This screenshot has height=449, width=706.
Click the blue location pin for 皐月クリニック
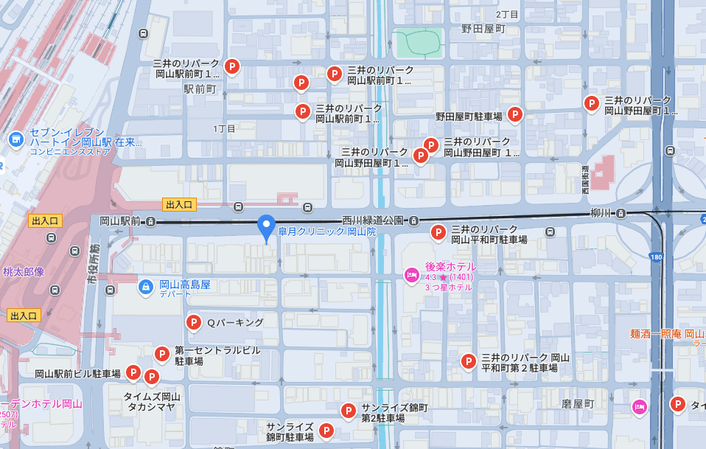(265, 226)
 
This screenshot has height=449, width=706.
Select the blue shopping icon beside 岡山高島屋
(146, 285)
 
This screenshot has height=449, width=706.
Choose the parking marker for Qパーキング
(193, 322)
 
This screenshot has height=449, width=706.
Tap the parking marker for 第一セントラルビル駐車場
(162, 355)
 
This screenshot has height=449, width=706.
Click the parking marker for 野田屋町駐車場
(515, 115)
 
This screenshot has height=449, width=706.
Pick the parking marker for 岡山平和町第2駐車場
(468, 361)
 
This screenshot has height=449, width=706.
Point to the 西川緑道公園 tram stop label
(374, 220)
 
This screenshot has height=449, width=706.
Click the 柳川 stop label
(601, 213)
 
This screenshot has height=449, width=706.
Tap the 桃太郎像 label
(23, 272)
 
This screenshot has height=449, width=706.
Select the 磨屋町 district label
(578, 405)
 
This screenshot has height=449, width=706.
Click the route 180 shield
(656, 257)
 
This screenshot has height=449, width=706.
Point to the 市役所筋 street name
(94, 266)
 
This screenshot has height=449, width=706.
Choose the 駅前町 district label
(200, 89)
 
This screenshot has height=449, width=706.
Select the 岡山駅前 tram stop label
(120, 220)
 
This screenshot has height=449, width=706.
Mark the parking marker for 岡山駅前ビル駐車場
(133, 373)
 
